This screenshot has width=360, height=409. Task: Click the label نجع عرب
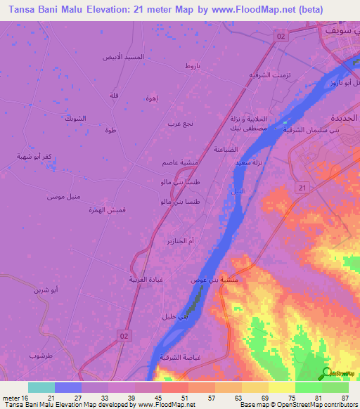tap(180, 124)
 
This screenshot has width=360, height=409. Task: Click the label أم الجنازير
tap(180, 241)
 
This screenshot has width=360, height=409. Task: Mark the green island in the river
tap(193, 304)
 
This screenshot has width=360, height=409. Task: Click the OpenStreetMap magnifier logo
tap(327, 373)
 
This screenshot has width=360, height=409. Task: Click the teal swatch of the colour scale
tap(41, 387)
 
